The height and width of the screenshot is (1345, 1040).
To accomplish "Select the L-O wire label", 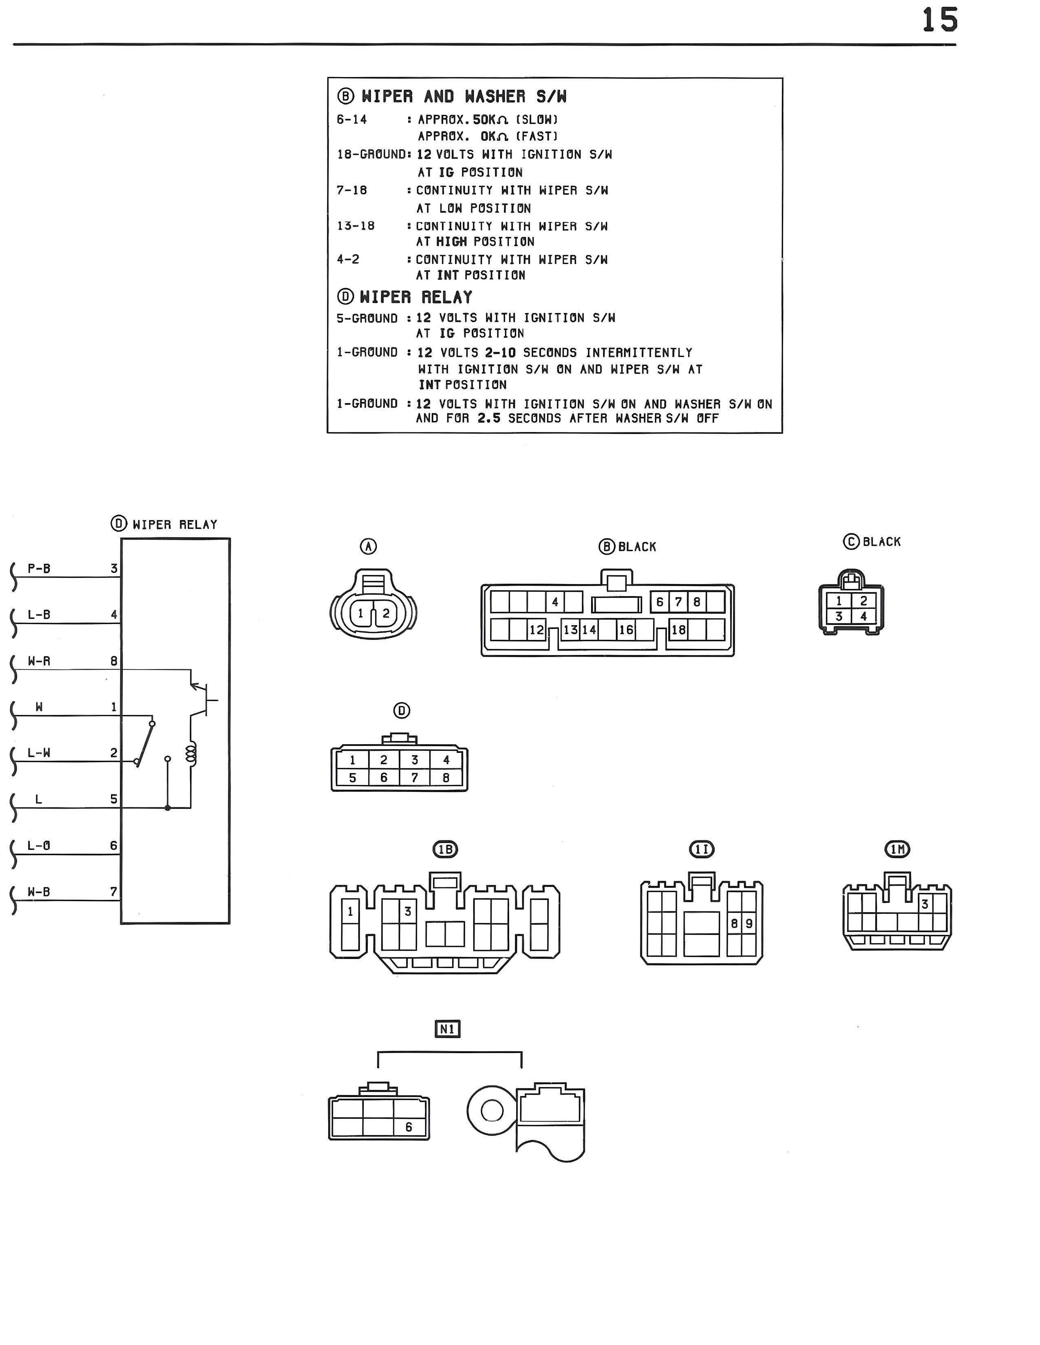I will [39, 846].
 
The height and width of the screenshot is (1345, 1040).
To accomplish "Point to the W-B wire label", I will [39, 892].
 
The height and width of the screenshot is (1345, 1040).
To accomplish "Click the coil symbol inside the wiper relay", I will [191, 754].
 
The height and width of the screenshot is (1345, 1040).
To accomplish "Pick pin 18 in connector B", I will [678, 629].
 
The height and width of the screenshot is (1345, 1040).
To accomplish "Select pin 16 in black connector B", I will [626, 629].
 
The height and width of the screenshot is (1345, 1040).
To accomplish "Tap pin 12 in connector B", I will [537, 629].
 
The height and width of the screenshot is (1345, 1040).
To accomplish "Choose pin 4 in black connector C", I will [863, 616].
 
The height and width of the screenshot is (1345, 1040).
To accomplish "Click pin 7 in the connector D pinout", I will [415, 778].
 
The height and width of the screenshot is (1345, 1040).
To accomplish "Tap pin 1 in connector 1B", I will [350, 911].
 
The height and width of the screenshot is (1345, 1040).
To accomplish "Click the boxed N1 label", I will [447, 1029].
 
